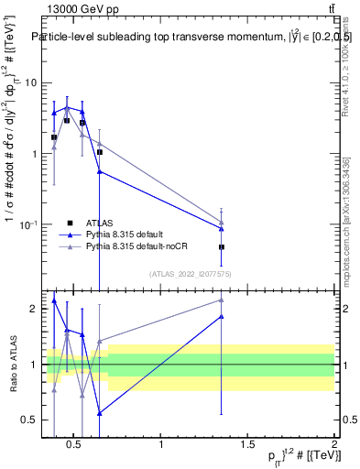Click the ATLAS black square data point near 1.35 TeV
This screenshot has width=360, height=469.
coord(222,247)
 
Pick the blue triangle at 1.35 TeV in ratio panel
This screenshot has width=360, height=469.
coord(222,317)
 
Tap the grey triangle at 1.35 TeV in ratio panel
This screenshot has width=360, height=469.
coord(222,300)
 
